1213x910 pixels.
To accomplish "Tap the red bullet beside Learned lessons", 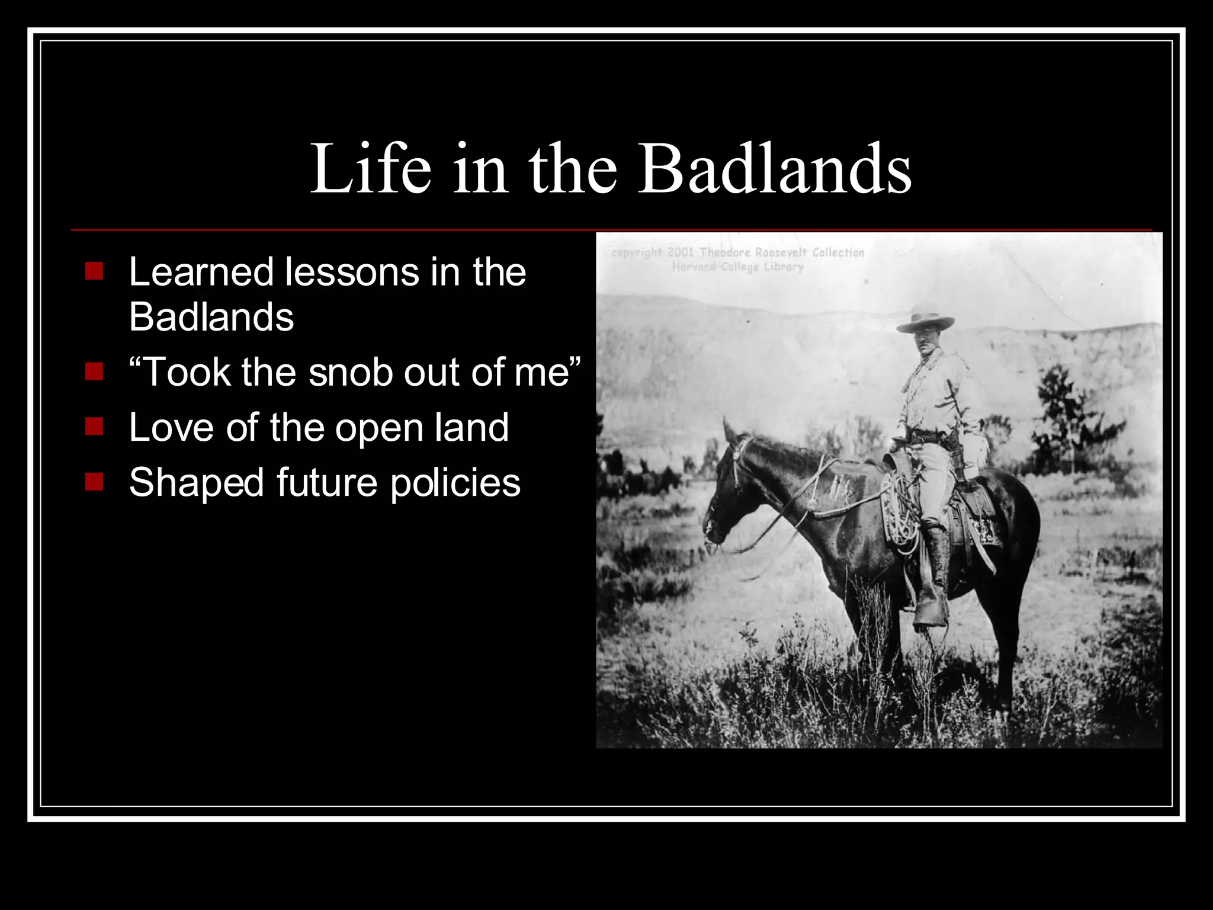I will [94, 271].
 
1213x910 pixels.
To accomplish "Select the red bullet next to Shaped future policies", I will [94, 481].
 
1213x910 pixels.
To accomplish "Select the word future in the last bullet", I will [326, 483].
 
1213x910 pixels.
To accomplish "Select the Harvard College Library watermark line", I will [737, 267].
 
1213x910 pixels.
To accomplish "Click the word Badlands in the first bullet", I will [211, 317].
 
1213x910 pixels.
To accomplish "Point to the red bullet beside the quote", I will [94, 371].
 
